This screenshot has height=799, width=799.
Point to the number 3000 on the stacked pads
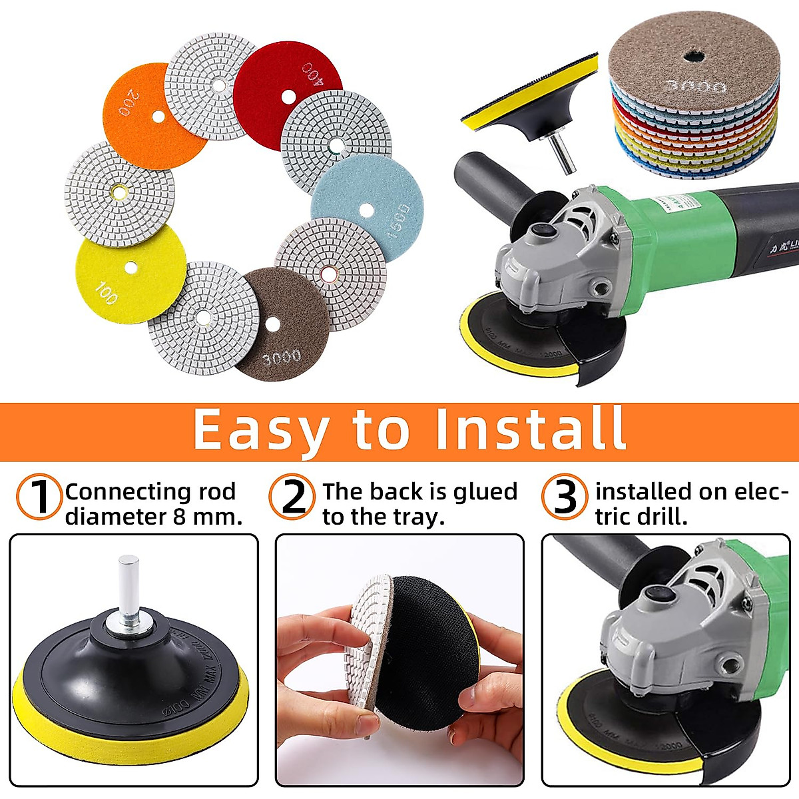tap(692, 85)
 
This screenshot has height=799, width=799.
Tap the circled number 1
tap(40, 497)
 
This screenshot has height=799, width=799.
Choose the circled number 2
tap(294, 497)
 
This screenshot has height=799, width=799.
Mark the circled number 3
tap(565, 497)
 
